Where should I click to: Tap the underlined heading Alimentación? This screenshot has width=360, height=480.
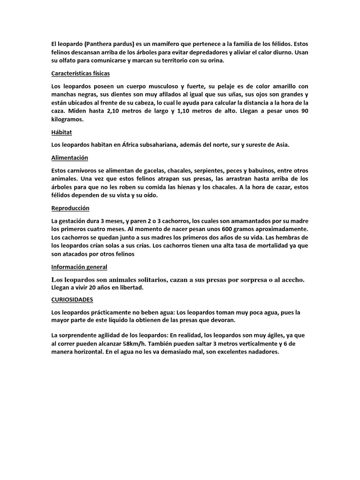tap(70, 157)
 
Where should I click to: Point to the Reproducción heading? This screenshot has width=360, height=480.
tap(70, 208)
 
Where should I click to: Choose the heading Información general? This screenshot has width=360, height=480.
tap(79, 267)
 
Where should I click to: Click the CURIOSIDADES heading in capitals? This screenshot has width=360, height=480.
tap(72, 299)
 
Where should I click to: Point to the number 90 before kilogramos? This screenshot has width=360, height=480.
tap(303, 111)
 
